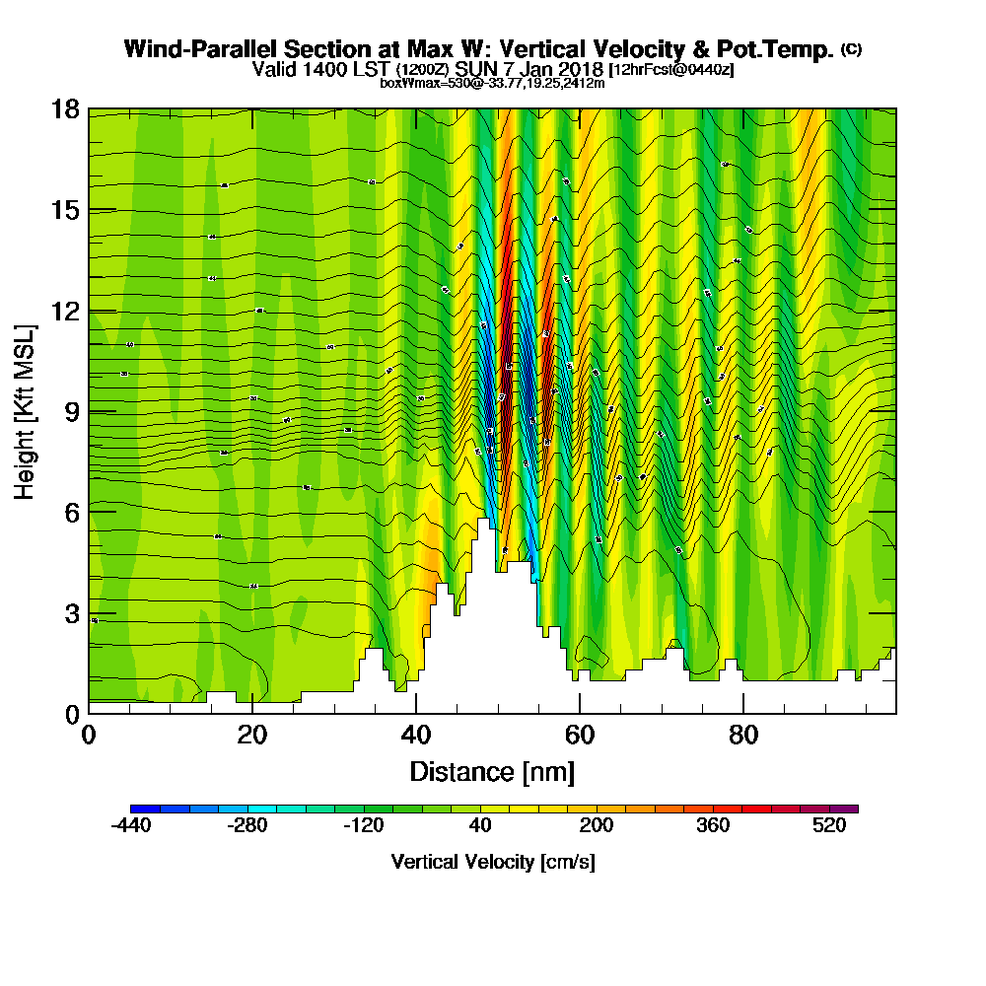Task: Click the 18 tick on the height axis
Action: (65, 109)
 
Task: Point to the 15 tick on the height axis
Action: (65, 210)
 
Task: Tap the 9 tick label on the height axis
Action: (65, 411)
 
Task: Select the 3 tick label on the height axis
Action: (65, 612)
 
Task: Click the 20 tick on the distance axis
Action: (252, 735)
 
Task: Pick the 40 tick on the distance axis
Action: (416, 735)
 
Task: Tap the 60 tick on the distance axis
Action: (580, 735)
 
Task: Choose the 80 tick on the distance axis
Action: (743, 735)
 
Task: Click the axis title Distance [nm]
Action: (492, 771)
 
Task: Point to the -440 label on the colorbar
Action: (131, 827)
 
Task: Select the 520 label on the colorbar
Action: (830, 827)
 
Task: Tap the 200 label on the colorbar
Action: (597, 827)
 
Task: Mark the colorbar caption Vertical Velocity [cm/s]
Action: (492, 863)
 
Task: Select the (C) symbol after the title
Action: (851, 49)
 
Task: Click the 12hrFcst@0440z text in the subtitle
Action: (672, 71)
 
